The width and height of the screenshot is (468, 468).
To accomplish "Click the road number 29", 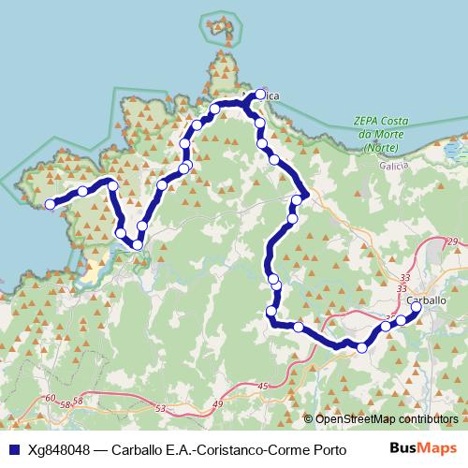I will point(454,242).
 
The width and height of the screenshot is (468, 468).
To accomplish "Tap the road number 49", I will point(218,403).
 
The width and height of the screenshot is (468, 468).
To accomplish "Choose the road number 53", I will point(160,408).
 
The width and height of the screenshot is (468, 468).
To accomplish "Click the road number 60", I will point(49,399).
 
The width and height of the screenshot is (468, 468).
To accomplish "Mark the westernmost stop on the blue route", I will point(51,202).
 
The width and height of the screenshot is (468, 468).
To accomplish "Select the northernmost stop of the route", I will point(260,95).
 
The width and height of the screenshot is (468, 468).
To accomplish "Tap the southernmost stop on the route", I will point(362,347).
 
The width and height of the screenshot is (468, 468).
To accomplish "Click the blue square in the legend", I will point(14,448).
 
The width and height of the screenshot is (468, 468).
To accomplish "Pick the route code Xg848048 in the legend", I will point(58,448).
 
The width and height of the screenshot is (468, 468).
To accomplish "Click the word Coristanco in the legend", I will point(241,448).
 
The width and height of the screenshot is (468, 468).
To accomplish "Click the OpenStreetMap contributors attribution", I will point(387,418).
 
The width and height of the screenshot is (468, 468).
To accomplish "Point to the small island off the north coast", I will point(219,23).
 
